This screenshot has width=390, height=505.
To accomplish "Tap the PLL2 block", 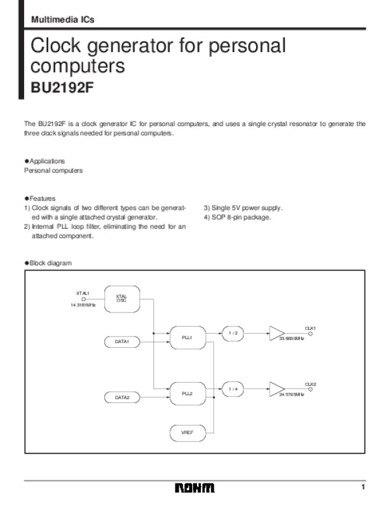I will [x=187, y=393].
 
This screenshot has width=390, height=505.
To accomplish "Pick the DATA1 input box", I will [x=122, y=341].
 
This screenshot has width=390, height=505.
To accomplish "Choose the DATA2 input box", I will [x=122, y=396].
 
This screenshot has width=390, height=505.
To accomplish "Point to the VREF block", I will [x=187, y=431].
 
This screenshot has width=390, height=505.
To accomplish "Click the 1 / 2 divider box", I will [x=233, y=333].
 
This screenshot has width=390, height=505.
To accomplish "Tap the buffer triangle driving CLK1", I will [x=276, y=333].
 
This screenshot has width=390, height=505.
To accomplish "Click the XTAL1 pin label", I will [x=83, y=293].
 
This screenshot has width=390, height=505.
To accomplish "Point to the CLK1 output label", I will [x=310, y=328].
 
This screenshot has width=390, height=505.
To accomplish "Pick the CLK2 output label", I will [x=310, y=383].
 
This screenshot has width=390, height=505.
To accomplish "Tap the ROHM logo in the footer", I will [x=194, y=488].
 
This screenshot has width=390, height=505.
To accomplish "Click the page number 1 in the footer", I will [x=364, y=487].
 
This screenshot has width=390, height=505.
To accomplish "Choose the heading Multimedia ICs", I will [x=62, y=19].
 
